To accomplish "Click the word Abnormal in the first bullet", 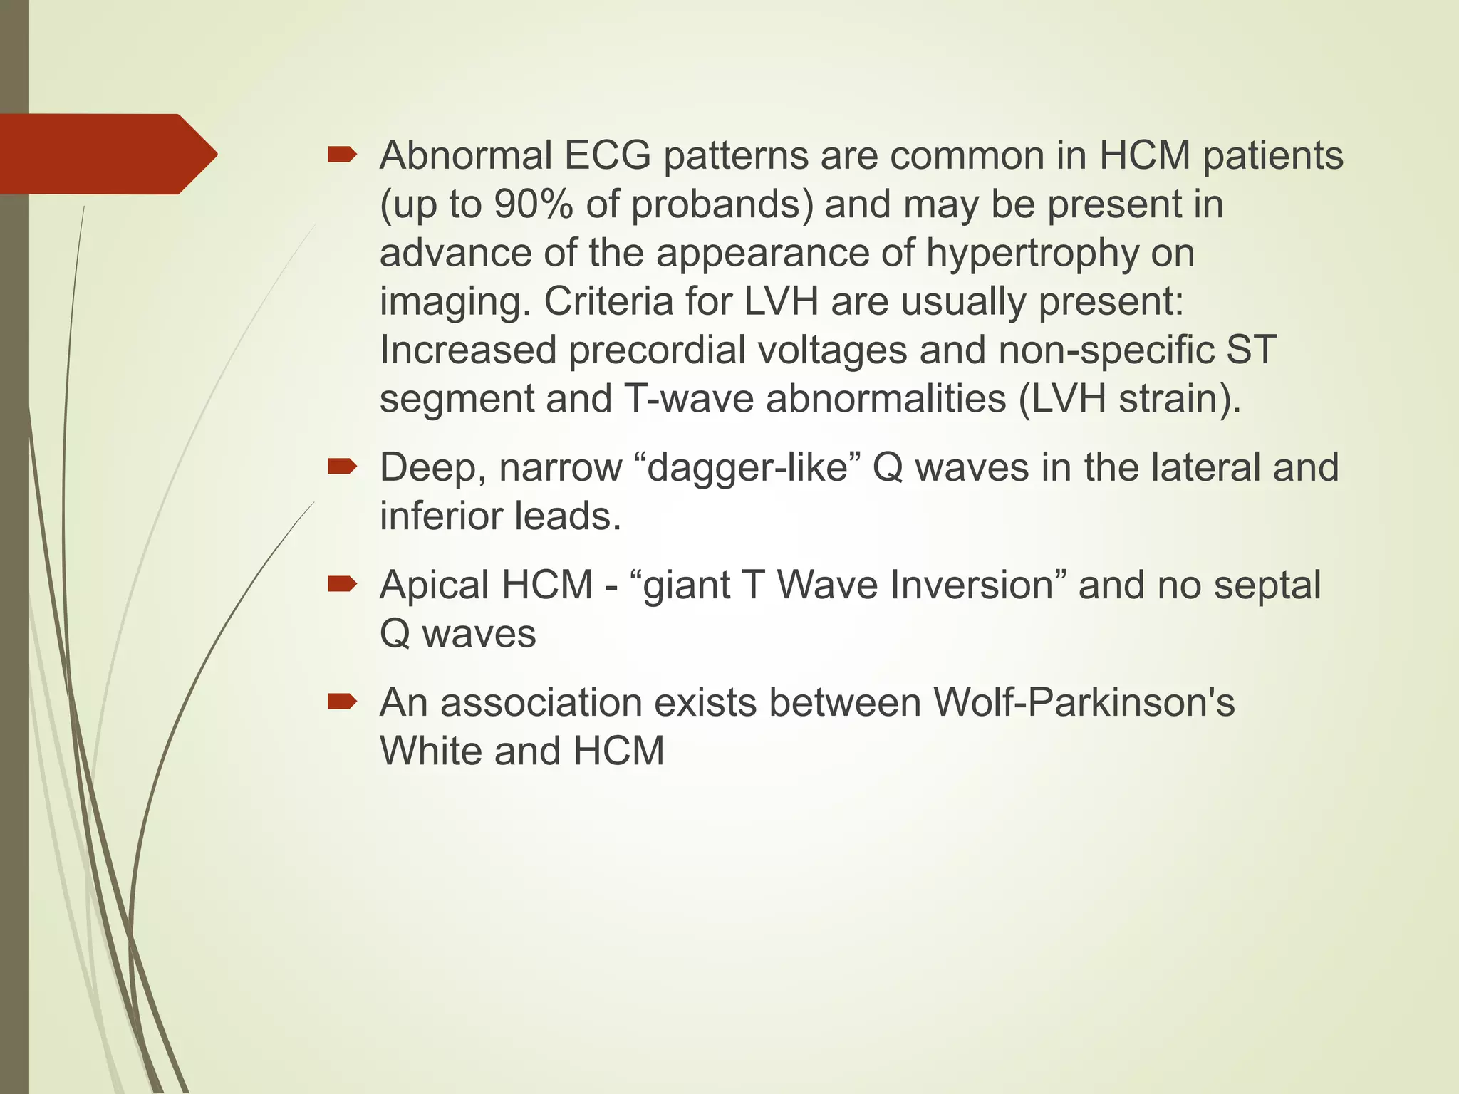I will pyautogui.click(x=466, y=155).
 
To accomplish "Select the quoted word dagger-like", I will pyautogui.click(x=747, y=468).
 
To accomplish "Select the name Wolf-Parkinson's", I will pyautogui.click(x=1084, y=703).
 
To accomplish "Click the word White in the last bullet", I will pyautogui.click(x=431, y=751).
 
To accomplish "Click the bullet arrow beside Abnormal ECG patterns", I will pyautogui.click(x=342, y=155).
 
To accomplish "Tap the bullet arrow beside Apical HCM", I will pyautogui.click(x=342, y=585).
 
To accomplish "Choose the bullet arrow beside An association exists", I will pyautogui.click(x=342, y=702).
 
